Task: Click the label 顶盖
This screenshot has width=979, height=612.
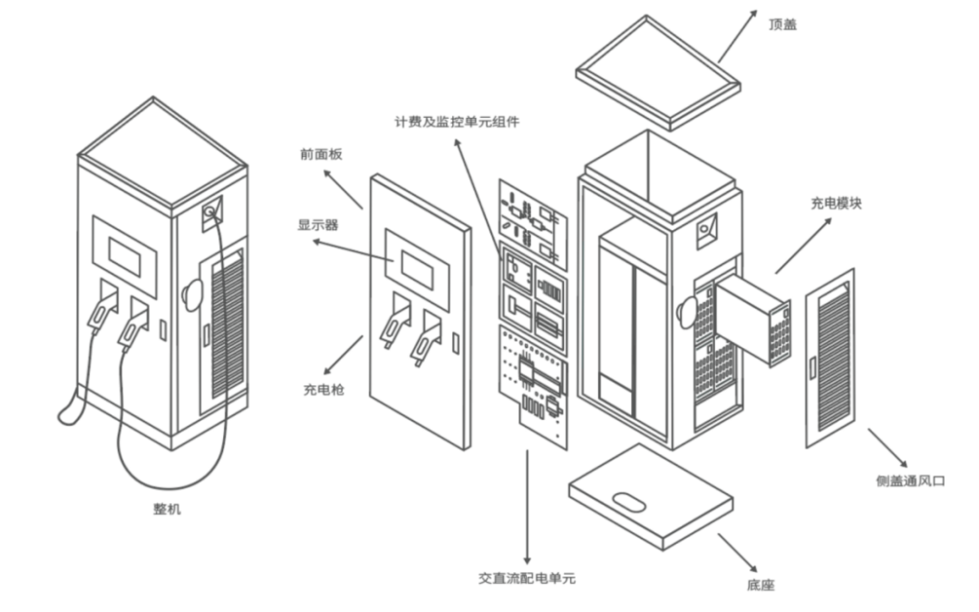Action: coord(782,25)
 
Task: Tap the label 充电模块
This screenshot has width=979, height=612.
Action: coord(836,203)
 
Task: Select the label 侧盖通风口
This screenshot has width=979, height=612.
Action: coord(910,481)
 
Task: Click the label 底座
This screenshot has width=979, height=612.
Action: coord(761,585)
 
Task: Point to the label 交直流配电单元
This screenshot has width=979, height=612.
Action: coord(527,578)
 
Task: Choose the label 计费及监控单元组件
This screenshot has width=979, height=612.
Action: coord(457,121)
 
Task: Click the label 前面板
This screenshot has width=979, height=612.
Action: coord(321,154)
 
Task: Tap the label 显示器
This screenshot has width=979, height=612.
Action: coord(318,225)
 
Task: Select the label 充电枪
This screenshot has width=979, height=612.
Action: coord(324,390)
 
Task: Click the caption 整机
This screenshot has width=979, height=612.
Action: coord(168,509)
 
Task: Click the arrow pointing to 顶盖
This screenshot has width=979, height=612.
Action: coord(738,35)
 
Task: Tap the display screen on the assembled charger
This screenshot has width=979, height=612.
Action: coord(131,257)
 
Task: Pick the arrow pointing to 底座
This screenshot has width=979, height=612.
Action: coord(738,553)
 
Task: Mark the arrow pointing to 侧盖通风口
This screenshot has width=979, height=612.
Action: coord(887,447)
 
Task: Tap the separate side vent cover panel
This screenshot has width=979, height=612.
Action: coord(829,358)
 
